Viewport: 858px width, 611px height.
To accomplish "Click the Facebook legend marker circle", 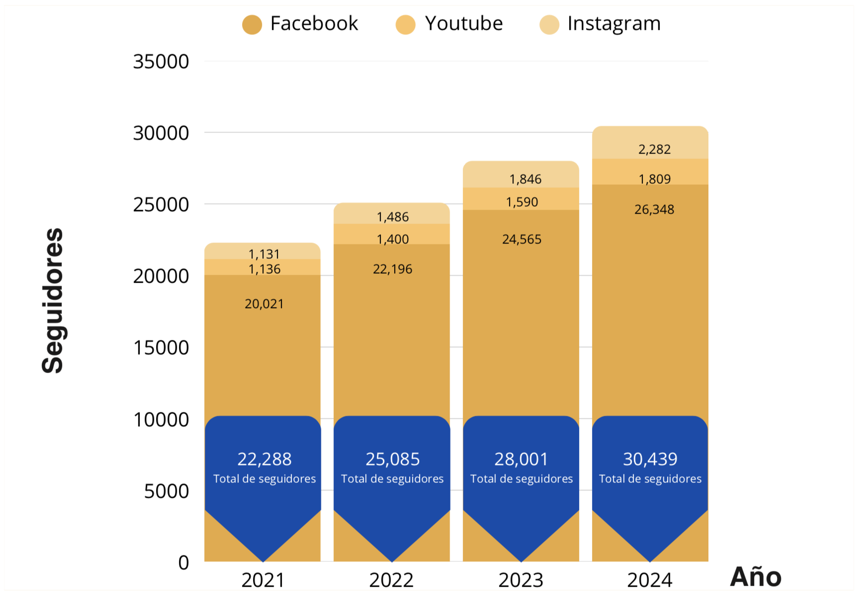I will click(x=252, y=24).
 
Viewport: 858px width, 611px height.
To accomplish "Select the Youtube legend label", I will click(x=463, y=23).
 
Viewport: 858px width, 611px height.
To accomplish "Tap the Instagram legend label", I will click(x=614, y=23).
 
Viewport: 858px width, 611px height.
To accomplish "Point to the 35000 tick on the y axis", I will click(x=161, y=62).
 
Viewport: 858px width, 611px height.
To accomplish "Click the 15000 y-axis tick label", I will click(x=161, y=348).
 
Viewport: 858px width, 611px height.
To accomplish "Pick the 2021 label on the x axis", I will click(x=263, y=580).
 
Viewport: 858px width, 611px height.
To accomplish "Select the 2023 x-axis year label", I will click(x=521, y=580).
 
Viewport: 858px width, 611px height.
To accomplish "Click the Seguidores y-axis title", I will click(x=53, y=301).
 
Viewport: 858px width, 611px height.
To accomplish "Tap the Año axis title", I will click(x=756, y=577).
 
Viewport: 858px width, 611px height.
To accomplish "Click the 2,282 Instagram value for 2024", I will click(x=654, y=150).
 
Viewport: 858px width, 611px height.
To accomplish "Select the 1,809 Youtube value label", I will click(x=654, y=179).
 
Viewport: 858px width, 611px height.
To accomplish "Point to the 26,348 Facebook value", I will click(x=654, y=210).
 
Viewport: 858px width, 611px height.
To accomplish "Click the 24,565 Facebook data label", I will click(x=521, y=239).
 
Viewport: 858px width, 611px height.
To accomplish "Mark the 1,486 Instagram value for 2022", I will click(x=393, y=217).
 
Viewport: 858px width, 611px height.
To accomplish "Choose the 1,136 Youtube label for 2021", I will click(x=264, y=269).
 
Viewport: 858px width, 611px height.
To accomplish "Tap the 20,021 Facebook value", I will click(x=264, y=304).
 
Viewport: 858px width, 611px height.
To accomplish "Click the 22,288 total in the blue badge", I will click(x=264, y=459).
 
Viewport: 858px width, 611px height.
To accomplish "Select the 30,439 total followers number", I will click(x=650, y=459).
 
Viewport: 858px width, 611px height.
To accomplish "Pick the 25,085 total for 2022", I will click(x=393, y=459).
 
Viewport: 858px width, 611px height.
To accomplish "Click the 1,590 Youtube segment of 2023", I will click(x=522, y=202).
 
